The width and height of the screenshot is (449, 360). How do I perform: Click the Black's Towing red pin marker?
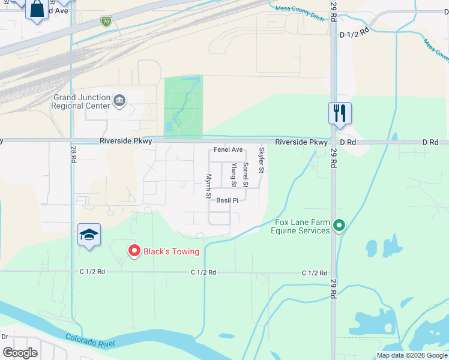coord(134,251)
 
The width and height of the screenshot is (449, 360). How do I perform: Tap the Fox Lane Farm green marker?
coord(339,226)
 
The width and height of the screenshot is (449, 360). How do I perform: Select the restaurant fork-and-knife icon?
coord(340,112)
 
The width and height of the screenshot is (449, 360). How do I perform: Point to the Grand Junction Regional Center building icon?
coord(119,99)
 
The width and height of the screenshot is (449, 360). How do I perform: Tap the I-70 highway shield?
coord(106,21)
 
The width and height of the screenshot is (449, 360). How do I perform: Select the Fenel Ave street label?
coord(229,149)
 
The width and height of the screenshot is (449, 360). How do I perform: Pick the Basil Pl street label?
coord(228,200)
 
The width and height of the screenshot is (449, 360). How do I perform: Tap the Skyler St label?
coord(261,160)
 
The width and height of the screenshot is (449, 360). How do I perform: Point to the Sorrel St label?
coord(245,174)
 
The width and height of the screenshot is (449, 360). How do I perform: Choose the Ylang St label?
coord(234,175)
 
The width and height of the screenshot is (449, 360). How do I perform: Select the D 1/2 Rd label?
coord(352,35)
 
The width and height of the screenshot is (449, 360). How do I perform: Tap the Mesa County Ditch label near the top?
coord(300,13)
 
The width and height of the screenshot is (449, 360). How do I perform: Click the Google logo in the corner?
coord(20,353)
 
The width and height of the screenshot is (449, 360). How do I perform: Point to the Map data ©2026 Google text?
coord(412,355)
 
